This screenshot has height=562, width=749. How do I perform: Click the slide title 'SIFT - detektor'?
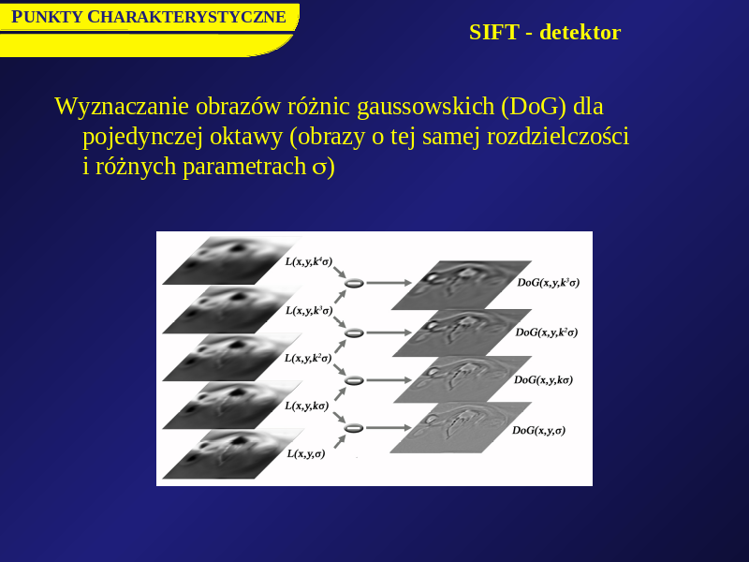(x=545, y=33)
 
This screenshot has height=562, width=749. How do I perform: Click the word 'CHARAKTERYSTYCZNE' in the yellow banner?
(x=186, y=17)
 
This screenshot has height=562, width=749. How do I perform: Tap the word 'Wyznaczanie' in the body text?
(x=122, y=106)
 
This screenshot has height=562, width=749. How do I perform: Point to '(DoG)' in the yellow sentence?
(x=534, y=106)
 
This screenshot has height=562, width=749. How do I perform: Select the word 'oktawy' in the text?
(x=246, y=137)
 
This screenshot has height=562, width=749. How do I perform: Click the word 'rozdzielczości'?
(x=557, y=137)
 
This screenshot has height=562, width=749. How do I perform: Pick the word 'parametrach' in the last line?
(x=244, y=167)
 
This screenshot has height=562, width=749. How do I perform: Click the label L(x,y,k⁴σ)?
(x=309, y=261)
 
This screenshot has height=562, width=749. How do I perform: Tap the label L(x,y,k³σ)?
(x=309, y=311)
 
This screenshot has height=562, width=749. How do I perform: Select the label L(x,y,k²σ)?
(x=308, y=358)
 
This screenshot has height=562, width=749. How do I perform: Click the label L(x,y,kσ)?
(x=307, y=406)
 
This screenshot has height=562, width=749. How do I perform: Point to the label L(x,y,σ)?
(x=306, y=453)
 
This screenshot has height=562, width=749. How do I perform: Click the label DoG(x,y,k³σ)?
(x=549, y=283)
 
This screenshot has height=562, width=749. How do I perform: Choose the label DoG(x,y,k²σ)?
(x=547, y=333)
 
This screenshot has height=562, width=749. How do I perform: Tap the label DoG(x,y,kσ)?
(x=543, y=380)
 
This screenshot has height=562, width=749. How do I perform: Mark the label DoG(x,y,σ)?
(x=539, y=430)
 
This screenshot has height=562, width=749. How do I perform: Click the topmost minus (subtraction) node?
(x=354, y=283)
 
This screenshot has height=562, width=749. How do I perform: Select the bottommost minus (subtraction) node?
(x=354, y=428)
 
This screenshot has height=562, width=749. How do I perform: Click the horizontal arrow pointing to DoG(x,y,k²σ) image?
(x=389, y=333)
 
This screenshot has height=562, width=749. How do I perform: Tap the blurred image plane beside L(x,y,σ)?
(x=233, y=453)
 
